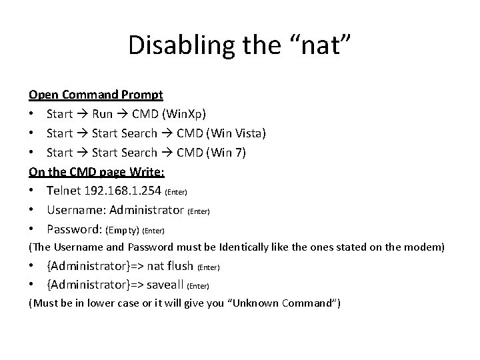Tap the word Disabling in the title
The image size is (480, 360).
[171, 45]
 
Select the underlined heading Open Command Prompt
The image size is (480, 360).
[91, 95]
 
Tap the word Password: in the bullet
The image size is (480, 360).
[75, 230]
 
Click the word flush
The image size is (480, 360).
[179, 267]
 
